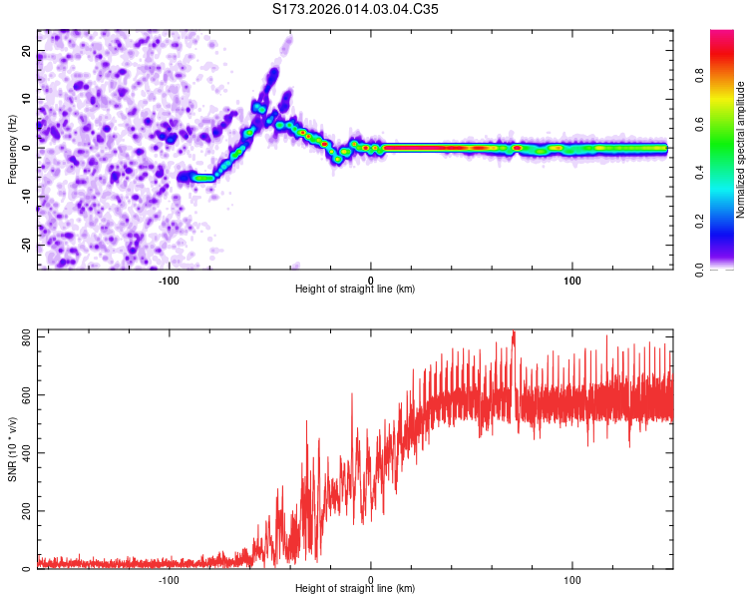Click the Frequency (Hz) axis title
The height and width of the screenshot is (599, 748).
click(x=12, y=149)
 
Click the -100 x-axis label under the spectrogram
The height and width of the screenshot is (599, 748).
click(x=169, y=280)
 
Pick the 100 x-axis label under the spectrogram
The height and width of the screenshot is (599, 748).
click(x=572, y=280)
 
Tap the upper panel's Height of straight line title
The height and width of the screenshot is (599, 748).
click(x=355, y=290)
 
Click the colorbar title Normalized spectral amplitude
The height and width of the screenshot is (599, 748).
click(x=740, y=150)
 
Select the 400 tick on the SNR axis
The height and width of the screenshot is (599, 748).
click(x=24, y=453)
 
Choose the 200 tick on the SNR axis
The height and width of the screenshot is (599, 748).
click(x=24, y=511)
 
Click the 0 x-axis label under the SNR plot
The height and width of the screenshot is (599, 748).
click(x=371, y=579)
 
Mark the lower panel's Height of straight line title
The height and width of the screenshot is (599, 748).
click(x=355, y=589)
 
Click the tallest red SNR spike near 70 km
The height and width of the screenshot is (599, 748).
click(x=514, y=333)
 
